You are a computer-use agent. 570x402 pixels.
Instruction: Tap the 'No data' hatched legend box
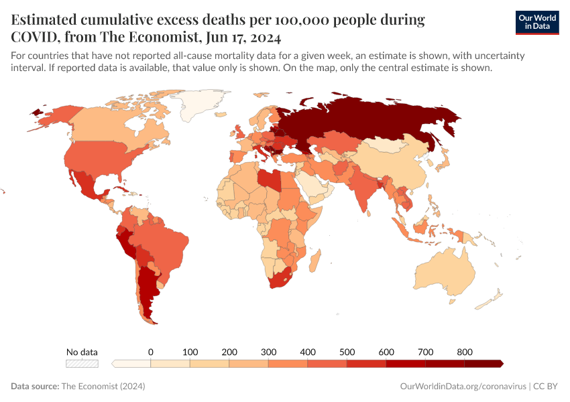coord(82,363)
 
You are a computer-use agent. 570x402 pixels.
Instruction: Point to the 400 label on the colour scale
coord(308,352)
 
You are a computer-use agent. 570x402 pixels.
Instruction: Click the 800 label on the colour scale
coord(465,352)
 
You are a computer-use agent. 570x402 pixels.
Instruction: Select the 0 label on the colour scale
coord(151,352)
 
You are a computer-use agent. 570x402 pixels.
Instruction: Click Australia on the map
coord(446,271)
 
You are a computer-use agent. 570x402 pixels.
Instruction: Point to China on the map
coord(396,167)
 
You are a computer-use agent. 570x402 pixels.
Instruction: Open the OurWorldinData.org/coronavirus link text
coord(463,387)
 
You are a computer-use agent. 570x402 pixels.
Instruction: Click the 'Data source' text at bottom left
coord(35,387)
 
